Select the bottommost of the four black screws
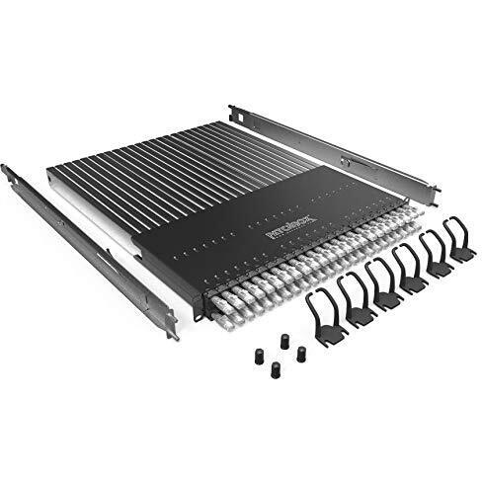276,369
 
